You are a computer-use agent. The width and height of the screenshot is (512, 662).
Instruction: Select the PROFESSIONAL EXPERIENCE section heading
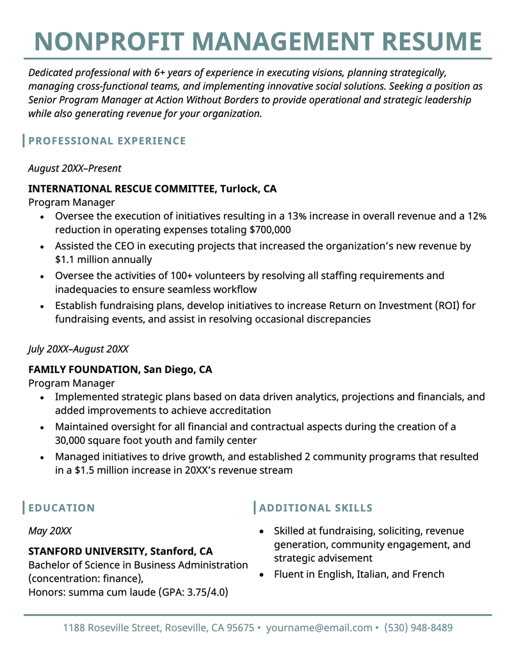(x=107, y=141)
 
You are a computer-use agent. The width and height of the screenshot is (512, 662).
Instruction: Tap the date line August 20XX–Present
(x=74, y=168)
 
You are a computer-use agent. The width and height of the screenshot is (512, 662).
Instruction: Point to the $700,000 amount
(x=270, y=230)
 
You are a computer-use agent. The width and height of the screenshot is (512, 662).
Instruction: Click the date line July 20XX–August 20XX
(x=78, y=349)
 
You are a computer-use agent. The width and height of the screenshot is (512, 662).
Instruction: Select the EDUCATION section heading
(x=61, y=508)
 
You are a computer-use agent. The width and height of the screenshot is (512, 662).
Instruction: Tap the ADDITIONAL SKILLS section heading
(x=316, y=508)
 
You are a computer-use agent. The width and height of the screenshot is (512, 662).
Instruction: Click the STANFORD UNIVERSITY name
(x=86, y=551)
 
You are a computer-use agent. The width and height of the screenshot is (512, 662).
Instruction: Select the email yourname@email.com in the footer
(x=319, y=627)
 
